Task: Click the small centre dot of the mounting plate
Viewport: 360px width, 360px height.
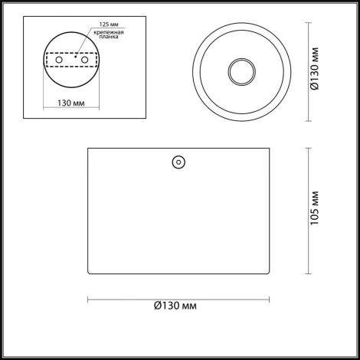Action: pos(74,56)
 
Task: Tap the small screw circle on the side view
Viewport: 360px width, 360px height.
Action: pos(178,162)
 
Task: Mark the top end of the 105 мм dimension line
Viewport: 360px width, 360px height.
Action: pos(309,147)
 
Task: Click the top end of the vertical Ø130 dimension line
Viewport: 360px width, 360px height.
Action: pos(309,24)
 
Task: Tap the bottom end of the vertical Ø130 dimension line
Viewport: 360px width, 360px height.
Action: pos(309,120)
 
